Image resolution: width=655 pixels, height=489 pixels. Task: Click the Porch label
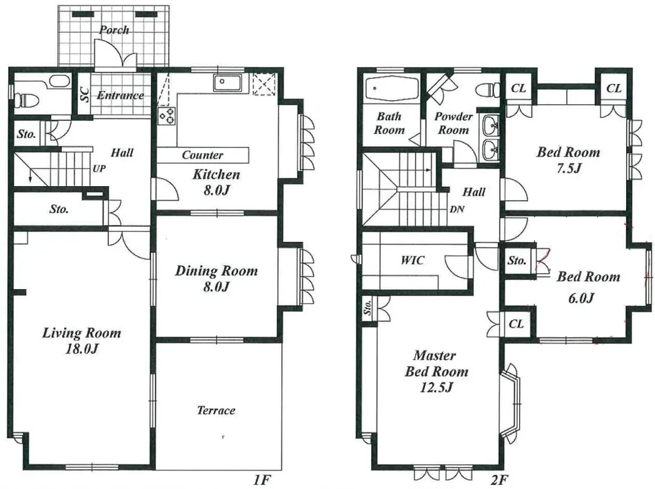(114, 30)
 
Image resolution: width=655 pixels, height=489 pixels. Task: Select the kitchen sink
(227, 82)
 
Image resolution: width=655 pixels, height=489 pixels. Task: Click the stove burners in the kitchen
(167, 115)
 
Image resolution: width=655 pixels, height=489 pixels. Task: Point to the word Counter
(202, 155)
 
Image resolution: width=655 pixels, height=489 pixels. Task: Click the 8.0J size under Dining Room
(216, 287)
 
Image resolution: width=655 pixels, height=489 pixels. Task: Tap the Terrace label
(216, 410)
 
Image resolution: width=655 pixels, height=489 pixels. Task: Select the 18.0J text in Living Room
(82, 348)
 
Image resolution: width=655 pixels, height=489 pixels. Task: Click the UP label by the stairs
(99, 169)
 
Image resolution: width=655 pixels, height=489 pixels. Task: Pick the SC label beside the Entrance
(84, 94)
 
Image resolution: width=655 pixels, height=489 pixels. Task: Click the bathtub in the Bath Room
(392, 88)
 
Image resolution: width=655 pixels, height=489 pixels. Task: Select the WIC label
(412, 260)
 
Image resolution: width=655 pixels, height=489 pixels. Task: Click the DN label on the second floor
(457, 209)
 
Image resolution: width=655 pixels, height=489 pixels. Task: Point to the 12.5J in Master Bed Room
(436, 388)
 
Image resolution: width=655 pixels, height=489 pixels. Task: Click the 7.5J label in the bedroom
(569, 168)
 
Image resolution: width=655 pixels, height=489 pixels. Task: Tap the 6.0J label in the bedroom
(581, 298)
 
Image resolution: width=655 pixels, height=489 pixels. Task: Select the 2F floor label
(500, 479)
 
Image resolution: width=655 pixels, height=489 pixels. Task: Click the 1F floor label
(262, 479)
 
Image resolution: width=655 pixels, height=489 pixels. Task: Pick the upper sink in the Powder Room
(491, 125)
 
